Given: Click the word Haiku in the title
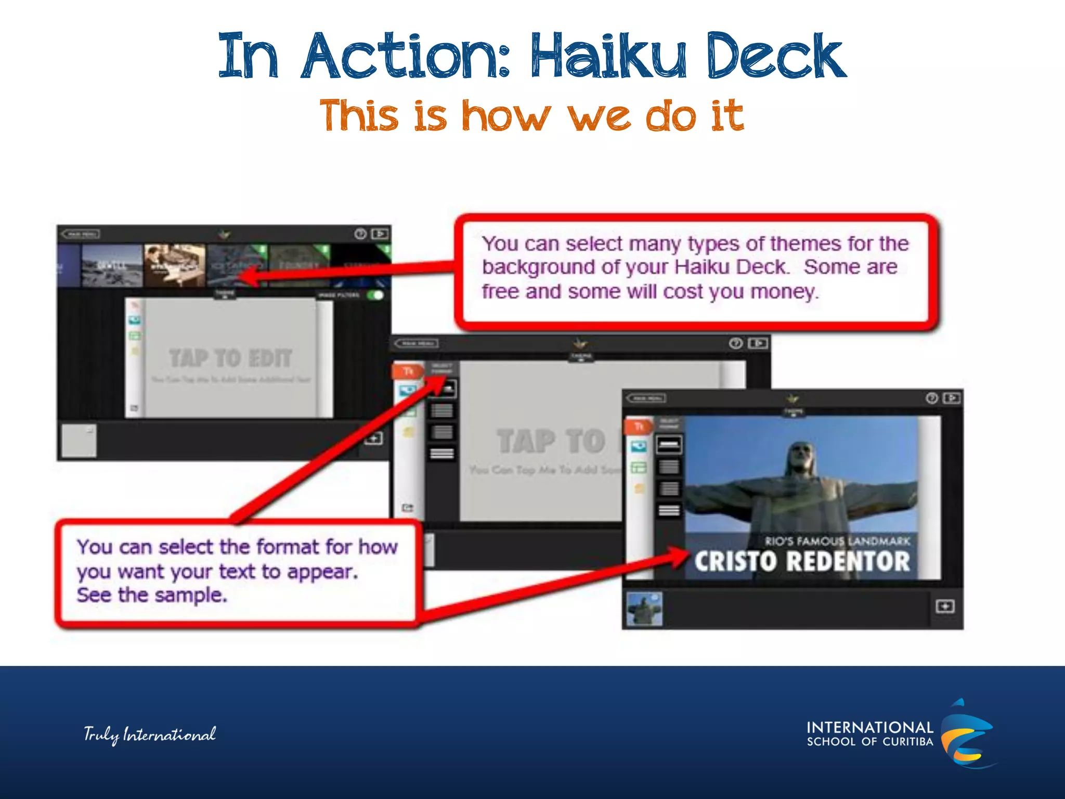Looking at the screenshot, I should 608,56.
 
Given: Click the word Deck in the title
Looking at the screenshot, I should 775,56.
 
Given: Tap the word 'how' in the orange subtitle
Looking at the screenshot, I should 505,115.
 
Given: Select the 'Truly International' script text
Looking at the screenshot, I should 150,734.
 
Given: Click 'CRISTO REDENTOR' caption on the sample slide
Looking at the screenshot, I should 802,561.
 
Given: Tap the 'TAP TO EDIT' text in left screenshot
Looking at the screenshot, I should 230,358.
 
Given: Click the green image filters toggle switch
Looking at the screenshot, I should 375,295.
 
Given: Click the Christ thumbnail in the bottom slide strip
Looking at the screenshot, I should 645,609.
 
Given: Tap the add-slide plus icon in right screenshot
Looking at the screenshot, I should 944,607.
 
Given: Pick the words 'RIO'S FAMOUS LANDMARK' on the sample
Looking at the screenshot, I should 837,541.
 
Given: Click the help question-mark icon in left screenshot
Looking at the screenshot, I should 360,234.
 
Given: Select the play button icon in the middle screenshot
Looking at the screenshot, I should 758,343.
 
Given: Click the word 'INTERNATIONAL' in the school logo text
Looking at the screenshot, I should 869,727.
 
